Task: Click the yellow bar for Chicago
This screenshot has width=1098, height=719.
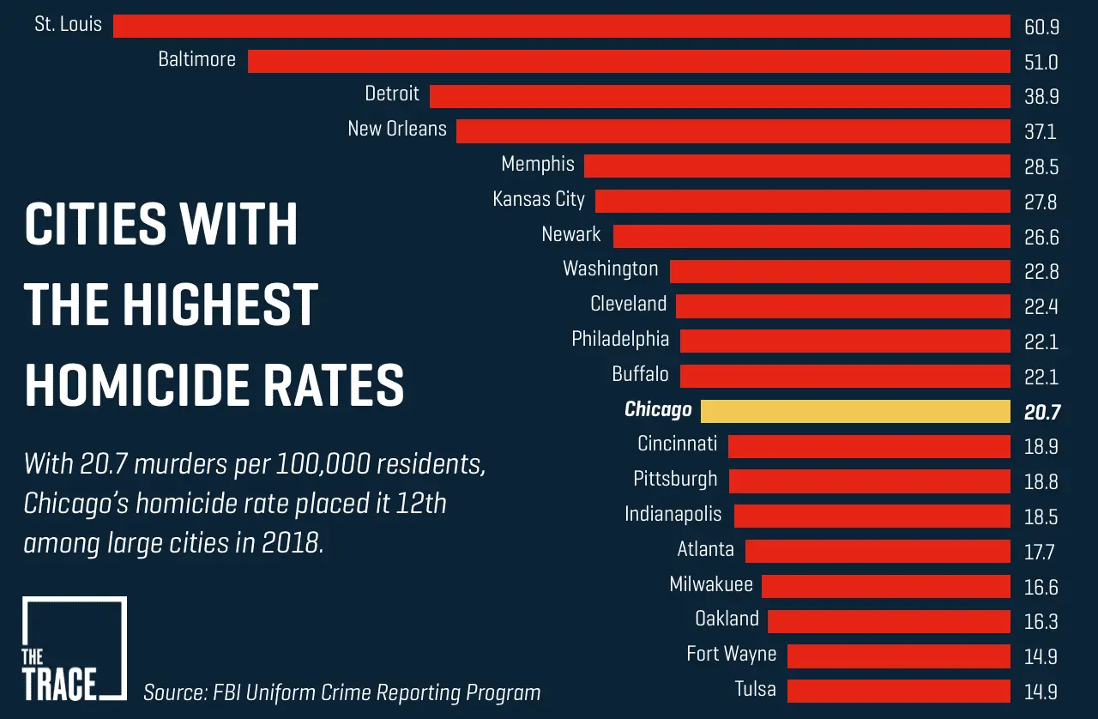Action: point(855,411)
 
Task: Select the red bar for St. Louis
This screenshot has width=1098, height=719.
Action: point(561,26)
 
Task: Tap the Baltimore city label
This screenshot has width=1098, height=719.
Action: point(196,60)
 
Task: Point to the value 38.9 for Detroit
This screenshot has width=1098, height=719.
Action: point(1041,97)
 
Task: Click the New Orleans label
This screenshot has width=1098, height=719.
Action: point(397,130)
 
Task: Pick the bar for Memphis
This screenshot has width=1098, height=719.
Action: point(797,166)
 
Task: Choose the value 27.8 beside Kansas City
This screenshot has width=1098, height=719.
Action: point(1041,202)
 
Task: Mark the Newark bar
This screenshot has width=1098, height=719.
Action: point(811,236)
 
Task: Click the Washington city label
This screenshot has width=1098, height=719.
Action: point(610,269)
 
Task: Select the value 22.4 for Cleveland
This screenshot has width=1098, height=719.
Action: point(1041,306)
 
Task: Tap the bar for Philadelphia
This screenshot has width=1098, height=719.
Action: point(845,341)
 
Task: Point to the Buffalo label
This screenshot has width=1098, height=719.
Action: point(640,375)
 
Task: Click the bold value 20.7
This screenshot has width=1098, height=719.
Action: point(1041,413)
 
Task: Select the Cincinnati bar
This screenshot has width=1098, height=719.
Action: point(869,446)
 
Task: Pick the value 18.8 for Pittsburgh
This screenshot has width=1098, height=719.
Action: point(1041,482)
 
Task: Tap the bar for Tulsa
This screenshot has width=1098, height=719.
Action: point(898,691)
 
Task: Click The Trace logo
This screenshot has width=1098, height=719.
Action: point(74,649)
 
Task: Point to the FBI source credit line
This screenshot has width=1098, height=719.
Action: point(342,692)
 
